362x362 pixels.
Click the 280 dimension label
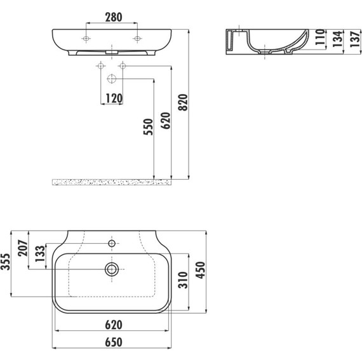(114, 17)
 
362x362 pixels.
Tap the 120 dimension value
(114, 98)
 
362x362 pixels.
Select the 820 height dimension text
(184, 102)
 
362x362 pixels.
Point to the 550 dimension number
(148, 127)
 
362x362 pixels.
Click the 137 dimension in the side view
(355, 39)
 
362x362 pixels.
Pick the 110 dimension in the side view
(320, 37)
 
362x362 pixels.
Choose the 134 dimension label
(337, 39)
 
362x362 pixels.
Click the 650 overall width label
(114, 342)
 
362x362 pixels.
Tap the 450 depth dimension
(201, 270)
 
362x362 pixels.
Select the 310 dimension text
(183, 280)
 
